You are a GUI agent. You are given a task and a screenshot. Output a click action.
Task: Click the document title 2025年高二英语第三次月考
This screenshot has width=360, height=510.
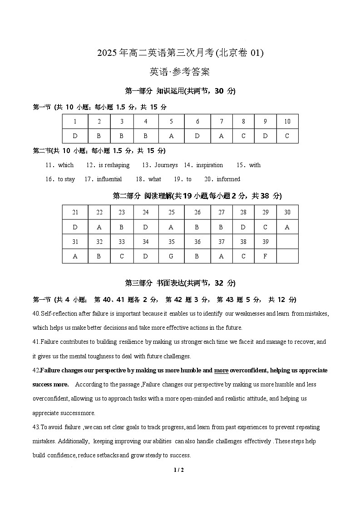180,53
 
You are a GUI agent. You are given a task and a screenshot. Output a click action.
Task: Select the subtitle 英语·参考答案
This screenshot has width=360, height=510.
180,72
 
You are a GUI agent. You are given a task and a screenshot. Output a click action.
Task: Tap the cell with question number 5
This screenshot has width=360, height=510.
171,121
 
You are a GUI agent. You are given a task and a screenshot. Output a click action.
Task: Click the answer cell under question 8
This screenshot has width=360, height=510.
243,136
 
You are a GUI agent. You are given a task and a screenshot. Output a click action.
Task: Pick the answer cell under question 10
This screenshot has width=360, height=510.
287,136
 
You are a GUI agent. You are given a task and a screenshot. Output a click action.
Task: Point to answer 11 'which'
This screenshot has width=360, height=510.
66,165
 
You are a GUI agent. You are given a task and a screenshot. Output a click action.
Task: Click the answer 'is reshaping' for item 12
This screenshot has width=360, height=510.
114,165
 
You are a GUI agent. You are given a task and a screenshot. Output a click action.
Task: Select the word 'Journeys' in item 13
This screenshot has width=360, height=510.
166,165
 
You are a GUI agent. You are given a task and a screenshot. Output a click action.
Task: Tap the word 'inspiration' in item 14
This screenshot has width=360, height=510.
210,165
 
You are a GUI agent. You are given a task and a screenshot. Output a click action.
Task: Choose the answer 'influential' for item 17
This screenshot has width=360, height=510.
109,179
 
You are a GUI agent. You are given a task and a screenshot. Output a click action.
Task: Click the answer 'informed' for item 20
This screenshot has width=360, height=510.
228,179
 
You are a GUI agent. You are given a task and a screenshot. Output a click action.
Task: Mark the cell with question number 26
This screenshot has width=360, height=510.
197,212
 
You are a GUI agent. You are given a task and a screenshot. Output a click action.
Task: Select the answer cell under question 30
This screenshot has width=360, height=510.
287,227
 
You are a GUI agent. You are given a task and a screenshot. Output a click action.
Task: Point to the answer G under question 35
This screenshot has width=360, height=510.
171,256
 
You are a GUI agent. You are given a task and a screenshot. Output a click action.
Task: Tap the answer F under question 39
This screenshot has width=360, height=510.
265,256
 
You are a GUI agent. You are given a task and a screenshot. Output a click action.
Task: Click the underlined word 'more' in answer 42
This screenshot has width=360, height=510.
221,371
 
